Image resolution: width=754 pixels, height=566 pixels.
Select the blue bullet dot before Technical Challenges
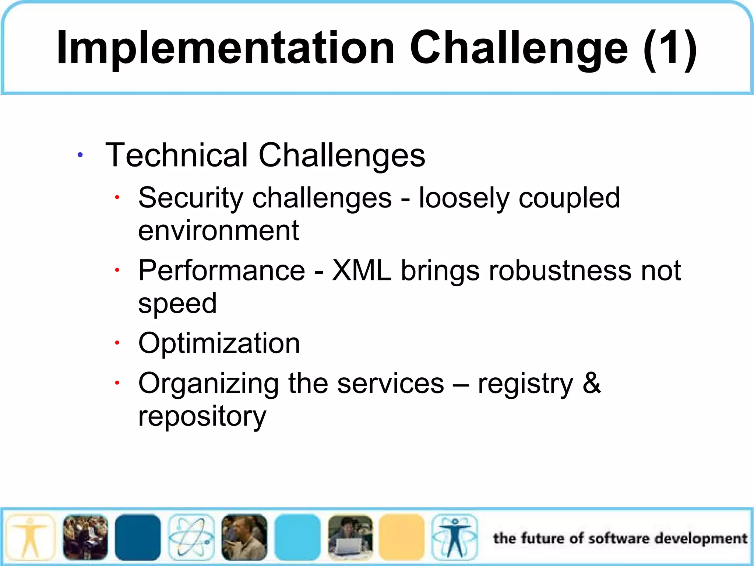click(x=80, y=155)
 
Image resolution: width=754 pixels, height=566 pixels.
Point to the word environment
click(x=218, y=230)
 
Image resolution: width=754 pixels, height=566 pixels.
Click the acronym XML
click(x=362, y=270)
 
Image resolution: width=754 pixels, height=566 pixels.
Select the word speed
click(x=177, y=304)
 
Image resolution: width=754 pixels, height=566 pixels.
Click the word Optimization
click(x=219, y=343)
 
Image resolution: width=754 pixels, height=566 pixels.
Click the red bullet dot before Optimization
click(x=117, y=343)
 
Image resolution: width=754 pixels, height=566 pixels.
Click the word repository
click(x=202, y=416)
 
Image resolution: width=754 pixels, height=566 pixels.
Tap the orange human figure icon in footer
click(x=30, y=537)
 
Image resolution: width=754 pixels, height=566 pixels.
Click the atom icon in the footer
click(x=191, y=537)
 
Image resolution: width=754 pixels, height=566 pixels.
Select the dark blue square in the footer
click(x=138, y=537)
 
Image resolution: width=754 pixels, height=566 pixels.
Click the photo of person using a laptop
click(x=350, y=537)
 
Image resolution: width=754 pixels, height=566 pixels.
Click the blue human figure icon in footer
click(x=455, y=537)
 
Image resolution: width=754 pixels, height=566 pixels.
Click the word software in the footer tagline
click(x=619, y=538)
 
